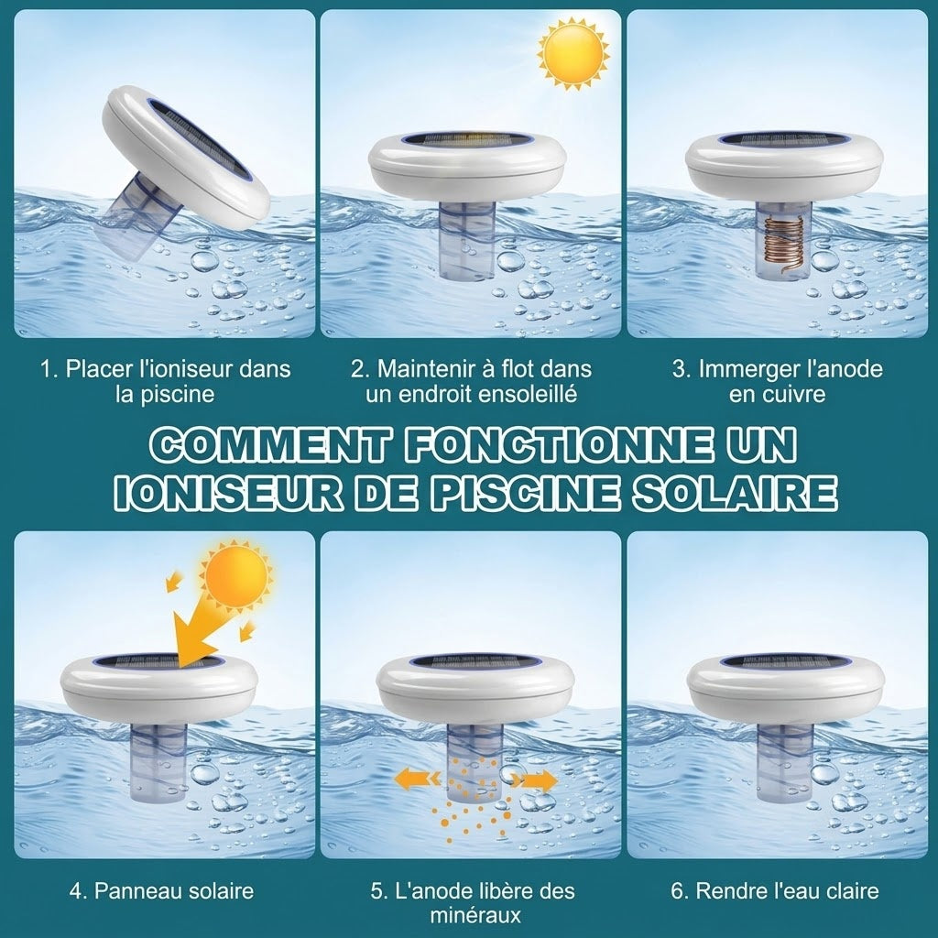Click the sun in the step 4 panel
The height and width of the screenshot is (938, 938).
pos(236,575)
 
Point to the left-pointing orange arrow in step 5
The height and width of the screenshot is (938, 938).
pos(418,780)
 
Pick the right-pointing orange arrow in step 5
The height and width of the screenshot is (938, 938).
pos(534,780)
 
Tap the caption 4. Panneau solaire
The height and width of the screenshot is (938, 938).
pos(161,890)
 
